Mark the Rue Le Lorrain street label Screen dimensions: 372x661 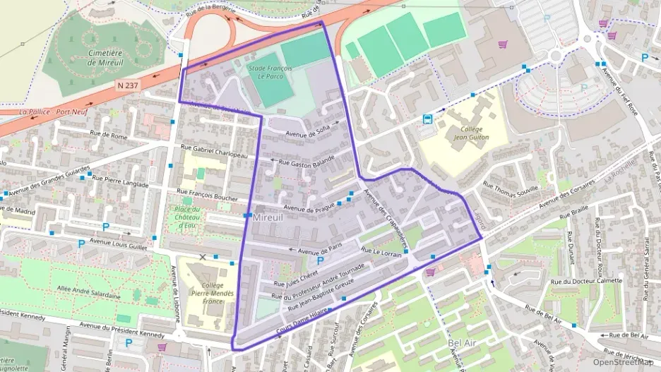381,253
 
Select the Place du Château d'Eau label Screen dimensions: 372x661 188,217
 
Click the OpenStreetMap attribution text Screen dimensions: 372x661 624,362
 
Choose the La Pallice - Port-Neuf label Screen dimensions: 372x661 47,112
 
